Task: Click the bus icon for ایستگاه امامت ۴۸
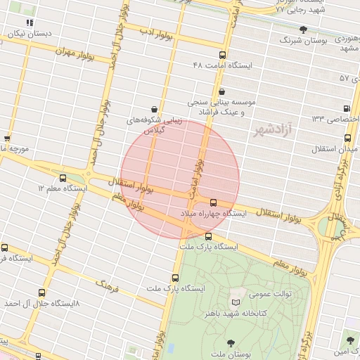(x=223, y=55)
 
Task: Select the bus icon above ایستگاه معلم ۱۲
(x=63, y=179)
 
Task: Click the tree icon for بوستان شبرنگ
(x=303, y=30)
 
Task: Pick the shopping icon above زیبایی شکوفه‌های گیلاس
(x=153, y=109)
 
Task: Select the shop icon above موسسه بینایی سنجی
(x=222, y=91)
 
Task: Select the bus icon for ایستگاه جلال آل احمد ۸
(x=42, y=292)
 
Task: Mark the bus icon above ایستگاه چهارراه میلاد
(x=214, y=202)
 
